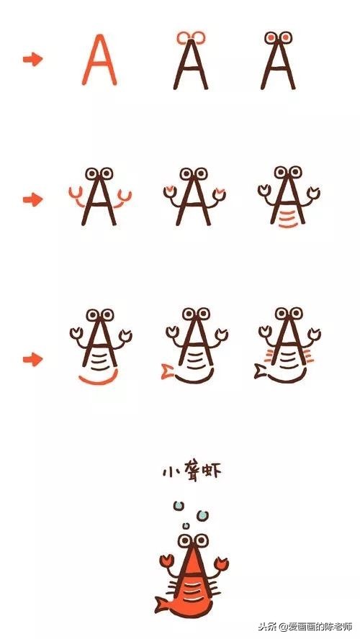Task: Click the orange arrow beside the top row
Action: (x=32, y=60)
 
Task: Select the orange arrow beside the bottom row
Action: (x=32, y=358)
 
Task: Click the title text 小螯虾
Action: (x=191, y=472)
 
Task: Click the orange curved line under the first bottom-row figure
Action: (x=97, y=379)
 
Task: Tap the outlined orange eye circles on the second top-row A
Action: (x=191, y=37)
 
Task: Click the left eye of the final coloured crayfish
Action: (x=185, y=540)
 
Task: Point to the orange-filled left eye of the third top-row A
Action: (x=270, y=37)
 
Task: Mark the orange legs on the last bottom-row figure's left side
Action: (x=270, y=354)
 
